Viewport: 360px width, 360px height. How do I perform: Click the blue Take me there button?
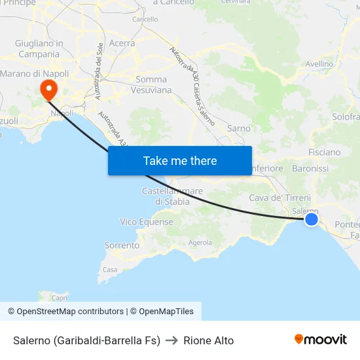(179, 160)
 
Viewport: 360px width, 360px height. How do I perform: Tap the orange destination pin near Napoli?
(48, 90)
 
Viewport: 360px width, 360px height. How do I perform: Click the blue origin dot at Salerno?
(312, 219)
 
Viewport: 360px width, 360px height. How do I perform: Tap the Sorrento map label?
(122, 245)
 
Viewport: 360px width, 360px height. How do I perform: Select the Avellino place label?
(319, 64)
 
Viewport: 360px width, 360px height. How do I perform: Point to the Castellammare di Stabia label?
(172, 196)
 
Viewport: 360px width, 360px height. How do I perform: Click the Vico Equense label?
(147, 222)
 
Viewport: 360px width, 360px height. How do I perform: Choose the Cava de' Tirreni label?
(279, 198)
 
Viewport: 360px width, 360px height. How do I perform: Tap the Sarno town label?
(239, 128)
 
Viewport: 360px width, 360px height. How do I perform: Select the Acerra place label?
(122, 43)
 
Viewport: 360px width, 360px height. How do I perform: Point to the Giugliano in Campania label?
(39, 48)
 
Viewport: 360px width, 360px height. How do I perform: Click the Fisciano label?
(324, 152)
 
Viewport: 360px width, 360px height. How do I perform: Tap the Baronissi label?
(310, 168)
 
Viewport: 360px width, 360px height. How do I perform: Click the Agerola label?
(200, 242)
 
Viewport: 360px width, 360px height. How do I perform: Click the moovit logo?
(321, 340)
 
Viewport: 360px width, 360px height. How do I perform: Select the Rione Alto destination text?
(208, 340)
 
